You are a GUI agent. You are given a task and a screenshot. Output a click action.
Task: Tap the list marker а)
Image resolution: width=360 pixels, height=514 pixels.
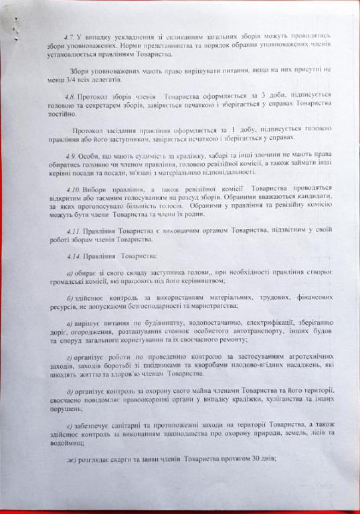(x=72, y=274)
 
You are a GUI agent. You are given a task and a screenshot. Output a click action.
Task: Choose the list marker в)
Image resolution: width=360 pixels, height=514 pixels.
(x=72, y=323)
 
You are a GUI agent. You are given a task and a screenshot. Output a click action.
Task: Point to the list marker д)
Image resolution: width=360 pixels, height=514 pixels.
(x=72, y=390)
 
